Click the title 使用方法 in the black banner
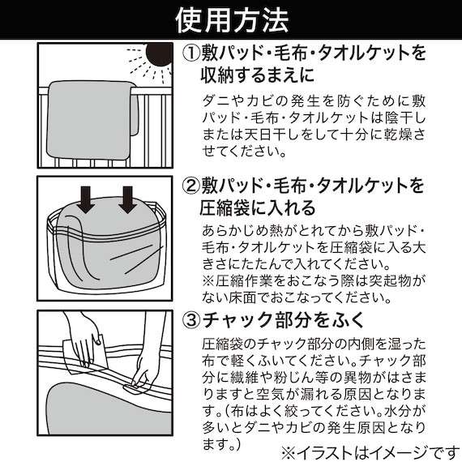(x=232, y=20)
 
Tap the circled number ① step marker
(x=191, y=53)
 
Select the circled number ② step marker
(x=191, y=186)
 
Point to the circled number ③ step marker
(x=191, y=320)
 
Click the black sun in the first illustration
(x=160, y=53)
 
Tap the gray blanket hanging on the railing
(x=92, y=119)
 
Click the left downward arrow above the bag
(x=87, y=199)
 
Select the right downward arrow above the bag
(x=127, y=199)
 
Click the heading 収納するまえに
(x=258, y=75)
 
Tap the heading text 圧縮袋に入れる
(x=258, y=208)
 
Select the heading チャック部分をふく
(x=284, y=320)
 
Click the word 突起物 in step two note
(x=390, y=281)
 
